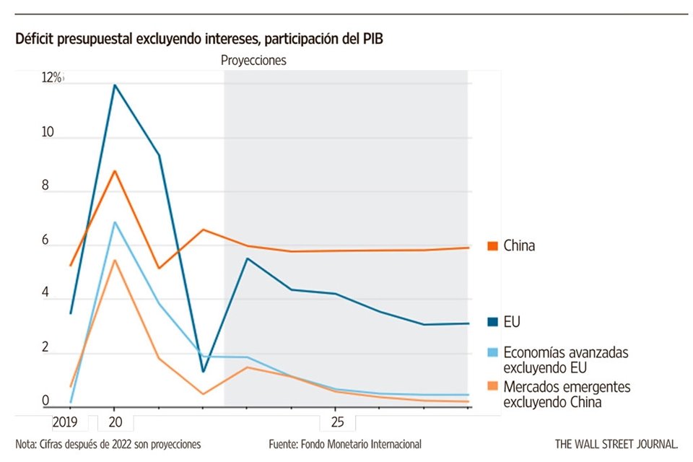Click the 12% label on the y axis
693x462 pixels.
pyautogui.click(x=52, y=78)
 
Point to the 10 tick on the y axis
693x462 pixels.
pyautogui.click(x=48, y=134)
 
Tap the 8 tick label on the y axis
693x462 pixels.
pyautogui.click(x=45, y=186)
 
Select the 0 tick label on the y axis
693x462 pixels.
pyautogui.click(x=45, y=401)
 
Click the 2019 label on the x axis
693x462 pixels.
pyautogui.click(x=65, y=420)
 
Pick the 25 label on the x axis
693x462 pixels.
pyautogui.click(x=336, y=420)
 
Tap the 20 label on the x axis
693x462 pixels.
pyautogui.click(x=114, y=420)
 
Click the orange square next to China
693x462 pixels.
pyautogui.click(x=494, y=246)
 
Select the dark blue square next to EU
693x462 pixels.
pyautogui.click(x=494, y=322)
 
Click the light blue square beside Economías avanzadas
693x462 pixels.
pyautogui.click(x=494, y=353)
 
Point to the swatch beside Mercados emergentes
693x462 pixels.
pyautogui.click(x=494, y=388)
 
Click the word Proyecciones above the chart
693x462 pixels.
pyautogui.click(x=253, y=61)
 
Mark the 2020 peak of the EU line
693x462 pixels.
pyautogui.click(x=114, y=85)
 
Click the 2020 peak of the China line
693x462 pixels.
pyautogui.click(x=114, y=171)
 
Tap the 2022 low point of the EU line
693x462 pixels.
pyautogui.click(x=203, y=372)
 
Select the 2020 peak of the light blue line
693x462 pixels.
pyautogui.click(x=114, y=222)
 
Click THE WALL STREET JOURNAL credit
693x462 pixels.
pyautogui.click(x=616, y=444)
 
